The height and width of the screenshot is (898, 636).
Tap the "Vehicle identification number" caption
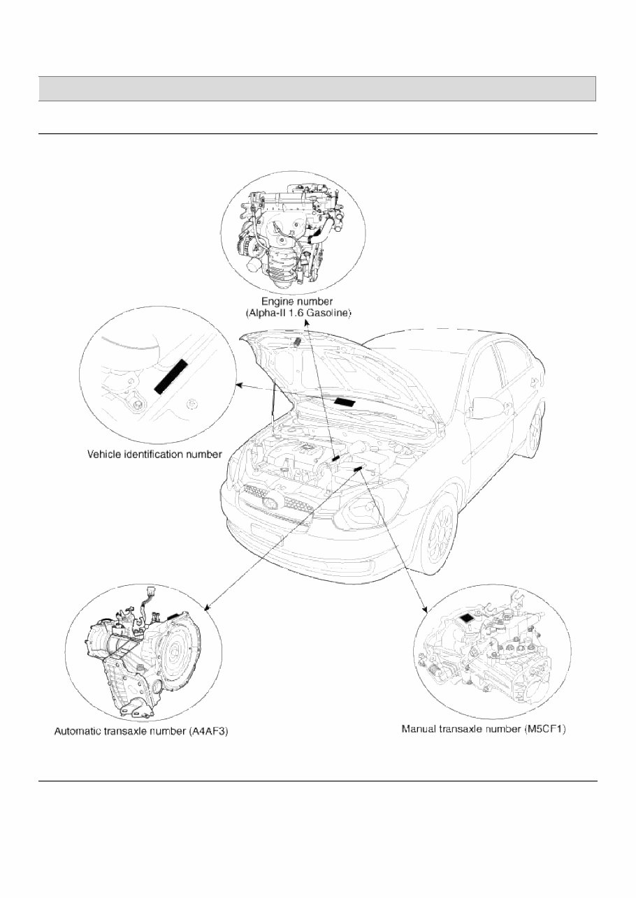point(154,454)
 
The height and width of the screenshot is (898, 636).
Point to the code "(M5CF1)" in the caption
point(549,729)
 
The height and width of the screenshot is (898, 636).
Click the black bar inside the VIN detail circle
point(171,378)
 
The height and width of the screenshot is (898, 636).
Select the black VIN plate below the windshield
point(347,402)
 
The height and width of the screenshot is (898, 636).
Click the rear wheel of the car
point(535,432)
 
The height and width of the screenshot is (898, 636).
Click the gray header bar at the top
point(317,89)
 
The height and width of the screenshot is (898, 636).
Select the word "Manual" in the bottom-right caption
point(421,729)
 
